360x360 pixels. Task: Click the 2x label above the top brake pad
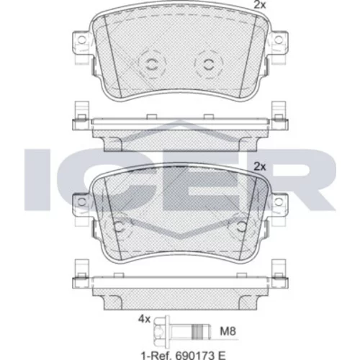(260, 5)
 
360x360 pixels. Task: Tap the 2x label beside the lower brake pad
(260, 166)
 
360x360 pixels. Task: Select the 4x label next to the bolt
(144, 320)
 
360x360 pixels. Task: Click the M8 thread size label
(228, 331)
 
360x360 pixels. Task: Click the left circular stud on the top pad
(151, 64)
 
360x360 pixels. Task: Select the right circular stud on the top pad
(208, 64)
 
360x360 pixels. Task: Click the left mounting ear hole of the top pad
(82, 40)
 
